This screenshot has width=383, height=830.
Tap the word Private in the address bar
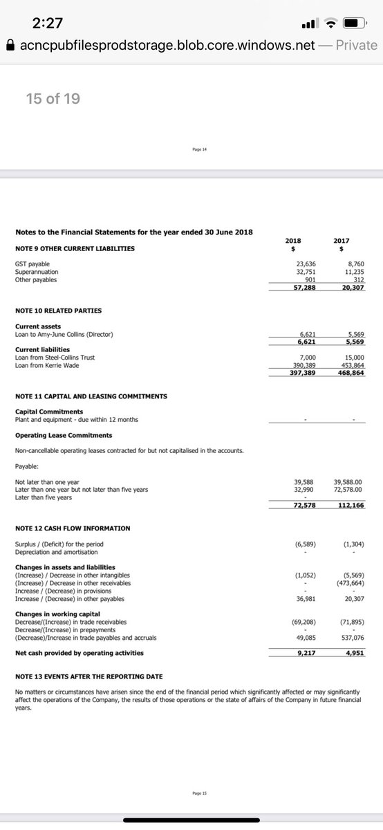point(356,46)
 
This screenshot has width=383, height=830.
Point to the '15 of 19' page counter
point(53,99)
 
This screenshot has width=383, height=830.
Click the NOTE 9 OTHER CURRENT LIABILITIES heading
point(75,248)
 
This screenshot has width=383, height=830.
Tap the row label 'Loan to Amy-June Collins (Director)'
point(64,335)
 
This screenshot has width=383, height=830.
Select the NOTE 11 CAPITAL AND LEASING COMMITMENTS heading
point(91,396)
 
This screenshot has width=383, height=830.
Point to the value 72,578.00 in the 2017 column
point(349,490)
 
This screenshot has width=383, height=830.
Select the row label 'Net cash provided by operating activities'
point(80,653)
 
